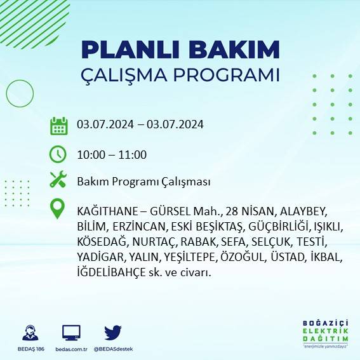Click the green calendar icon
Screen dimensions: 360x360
point(58,125)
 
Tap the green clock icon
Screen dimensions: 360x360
point(58,154)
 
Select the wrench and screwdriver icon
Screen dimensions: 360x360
point(58,180)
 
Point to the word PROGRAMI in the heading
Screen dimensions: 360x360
point(223,74)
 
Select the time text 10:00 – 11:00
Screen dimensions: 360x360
point(112,155)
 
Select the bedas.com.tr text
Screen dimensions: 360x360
point(71,349)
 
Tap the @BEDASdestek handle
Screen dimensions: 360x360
point(113,349)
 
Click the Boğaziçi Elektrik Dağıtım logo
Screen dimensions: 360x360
point(324,333)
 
